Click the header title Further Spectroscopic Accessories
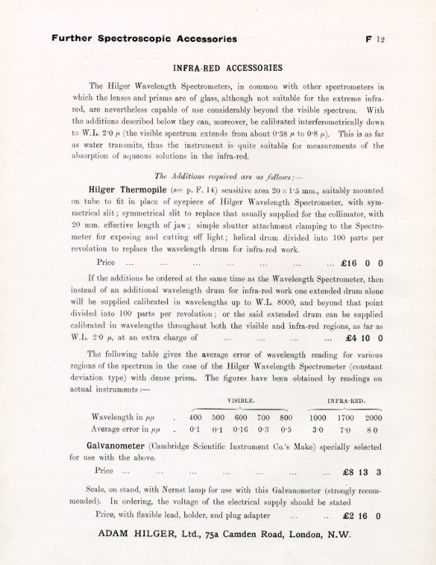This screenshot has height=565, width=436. pyautogui.click(x=145, y=38)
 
